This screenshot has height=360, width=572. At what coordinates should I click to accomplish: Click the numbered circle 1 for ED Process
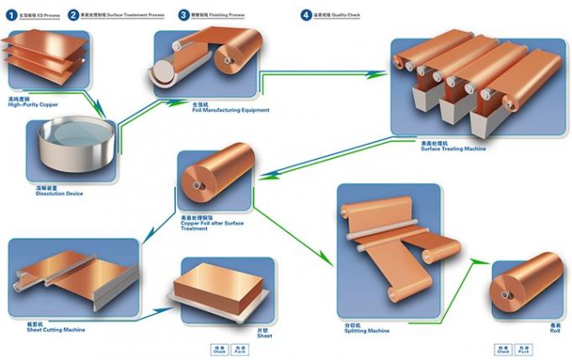(x=11, y=14)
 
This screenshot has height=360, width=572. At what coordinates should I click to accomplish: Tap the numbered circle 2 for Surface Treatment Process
(x=74, y=14)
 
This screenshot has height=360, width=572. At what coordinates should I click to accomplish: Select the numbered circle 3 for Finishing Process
(x=183, y=14)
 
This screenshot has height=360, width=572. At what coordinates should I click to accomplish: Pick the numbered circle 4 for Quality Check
(x=306, y=14)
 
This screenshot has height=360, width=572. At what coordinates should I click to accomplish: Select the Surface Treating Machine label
(x=453, y=147)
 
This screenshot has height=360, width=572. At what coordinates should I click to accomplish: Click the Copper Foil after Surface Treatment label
(x=211, y=224)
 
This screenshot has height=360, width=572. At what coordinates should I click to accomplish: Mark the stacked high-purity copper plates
(x=46, y=56)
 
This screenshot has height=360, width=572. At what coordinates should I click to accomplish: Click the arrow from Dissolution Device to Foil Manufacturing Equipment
(x=139, y=114)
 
